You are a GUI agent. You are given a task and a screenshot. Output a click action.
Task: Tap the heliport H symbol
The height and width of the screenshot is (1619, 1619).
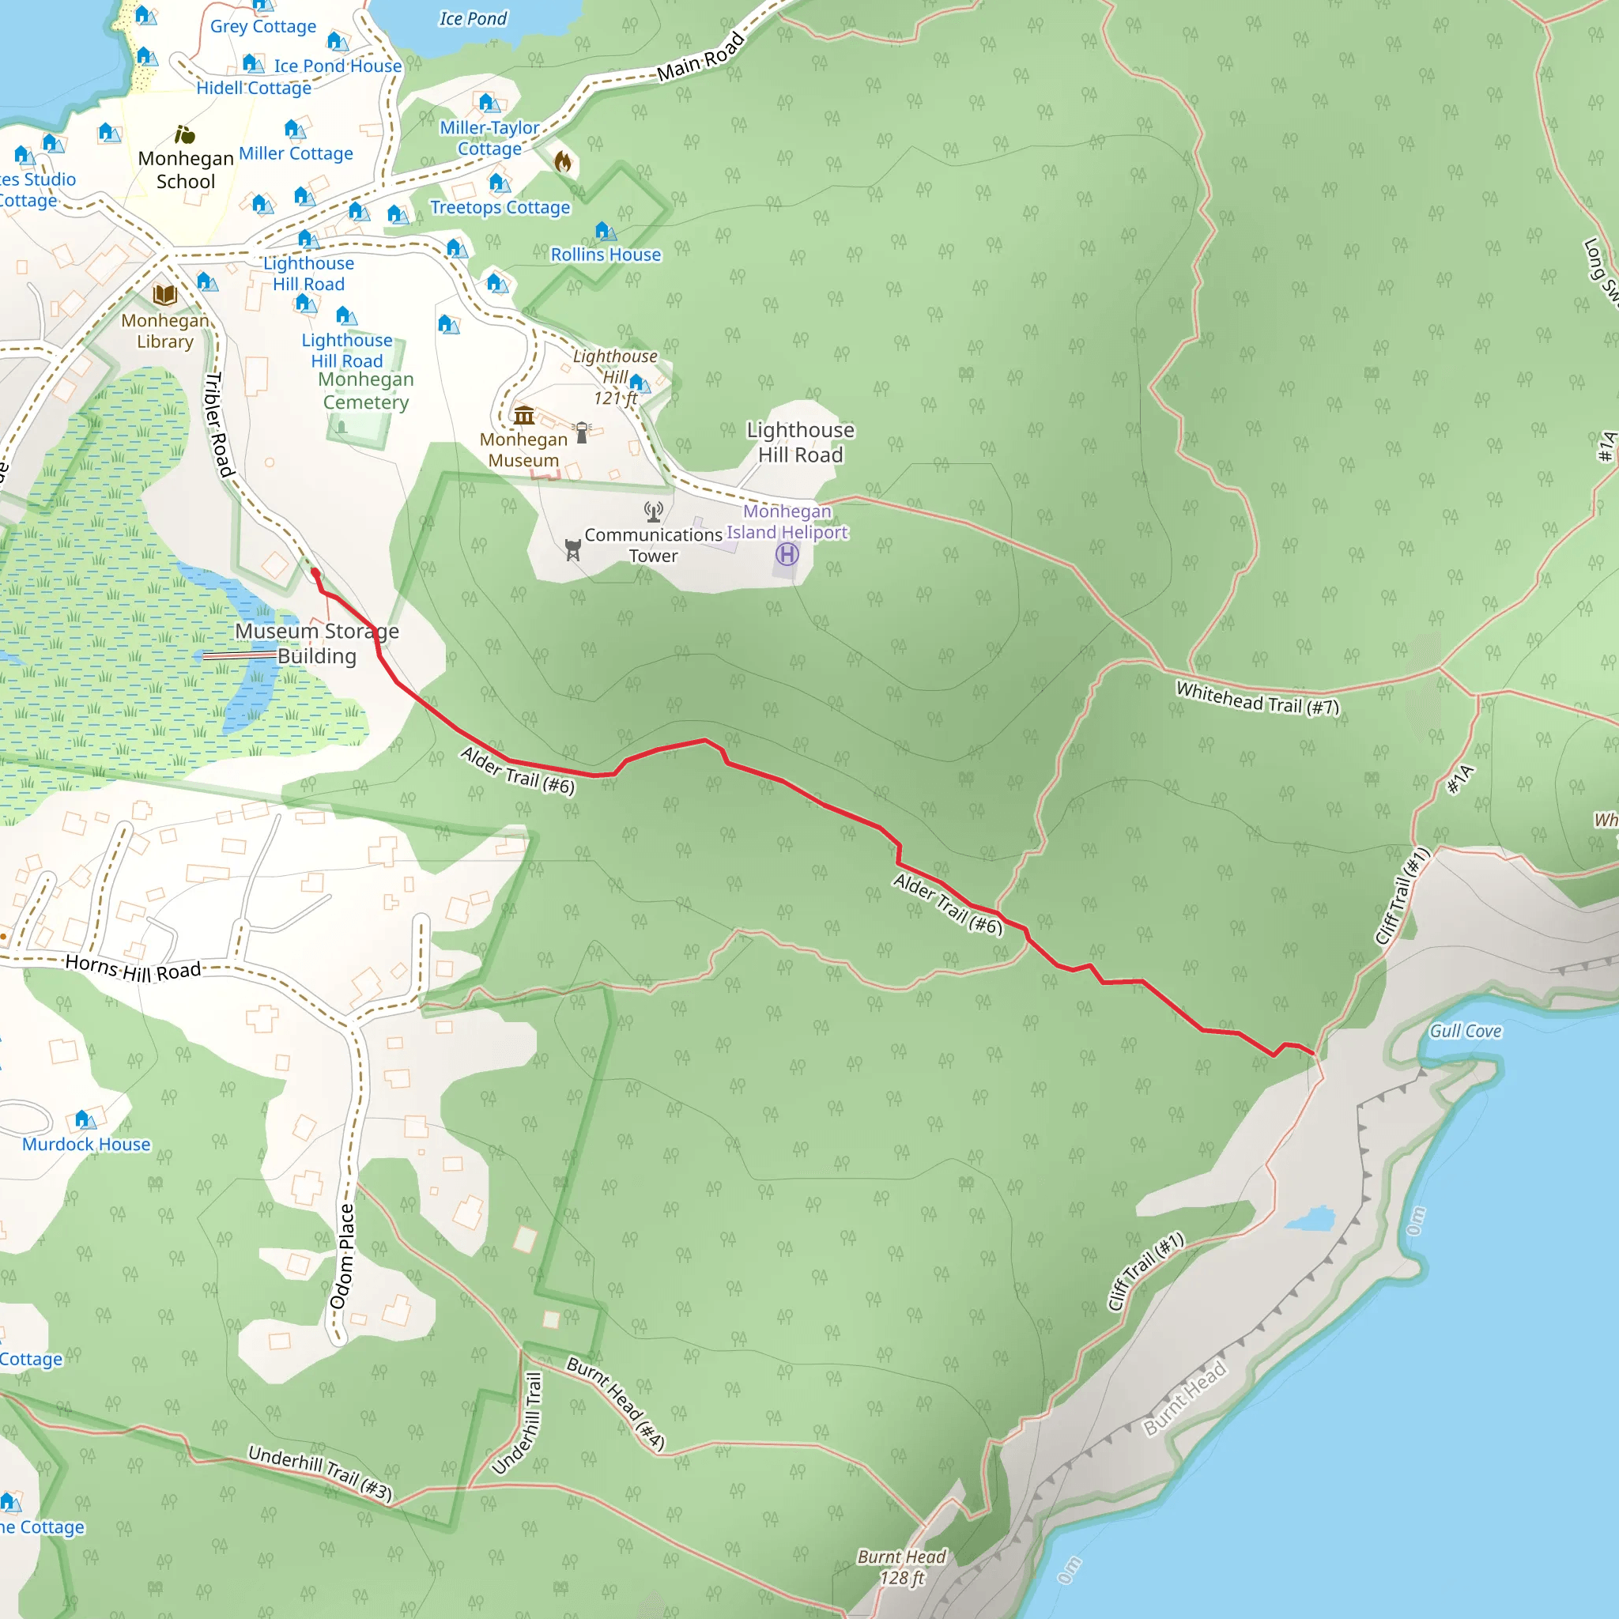coord(787,554)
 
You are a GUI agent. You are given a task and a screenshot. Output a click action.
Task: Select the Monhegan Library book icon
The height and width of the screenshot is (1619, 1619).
coord(165,295)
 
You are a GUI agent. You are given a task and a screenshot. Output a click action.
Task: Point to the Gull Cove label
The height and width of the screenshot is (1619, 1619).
coord(1465,1031)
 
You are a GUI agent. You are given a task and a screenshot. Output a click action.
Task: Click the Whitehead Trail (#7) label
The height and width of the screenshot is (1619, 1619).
coord(1257,698)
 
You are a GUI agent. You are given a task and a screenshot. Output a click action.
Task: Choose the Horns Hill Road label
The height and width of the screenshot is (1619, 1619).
coord(134,968)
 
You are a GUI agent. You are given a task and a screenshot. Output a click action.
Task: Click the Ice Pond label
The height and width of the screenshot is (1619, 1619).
coord(473,18)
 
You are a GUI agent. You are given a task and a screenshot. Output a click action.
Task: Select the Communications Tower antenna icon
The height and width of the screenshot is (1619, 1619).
coord(654,511)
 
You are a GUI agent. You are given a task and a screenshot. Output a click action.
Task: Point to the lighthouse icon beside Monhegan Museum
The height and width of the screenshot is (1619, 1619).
coord(583,432)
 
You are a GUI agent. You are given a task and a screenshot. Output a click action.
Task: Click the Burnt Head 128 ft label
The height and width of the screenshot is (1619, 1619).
coord(902,1567)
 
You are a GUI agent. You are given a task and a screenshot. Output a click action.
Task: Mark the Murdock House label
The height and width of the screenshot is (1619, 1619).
coord(86,1145)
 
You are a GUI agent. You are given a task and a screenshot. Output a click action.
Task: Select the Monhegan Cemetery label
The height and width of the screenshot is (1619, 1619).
coord(366,391)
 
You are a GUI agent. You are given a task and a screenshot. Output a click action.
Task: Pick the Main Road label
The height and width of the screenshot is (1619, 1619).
coord(700,57)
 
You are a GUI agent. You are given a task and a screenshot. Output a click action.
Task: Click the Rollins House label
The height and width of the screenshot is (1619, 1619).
coord(605,255)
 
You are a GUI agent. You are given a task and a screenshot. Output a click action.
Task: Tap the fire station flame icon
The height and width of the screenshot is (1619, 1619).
coord(563,162)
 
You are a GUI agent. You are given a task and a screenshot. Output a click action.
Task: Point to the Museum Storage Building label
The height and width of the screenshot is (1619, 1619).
coord(317,643)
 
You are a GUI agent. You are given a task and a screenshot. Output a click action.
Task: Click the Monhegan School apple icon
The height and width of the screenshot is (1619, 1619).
coord(185,134)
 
